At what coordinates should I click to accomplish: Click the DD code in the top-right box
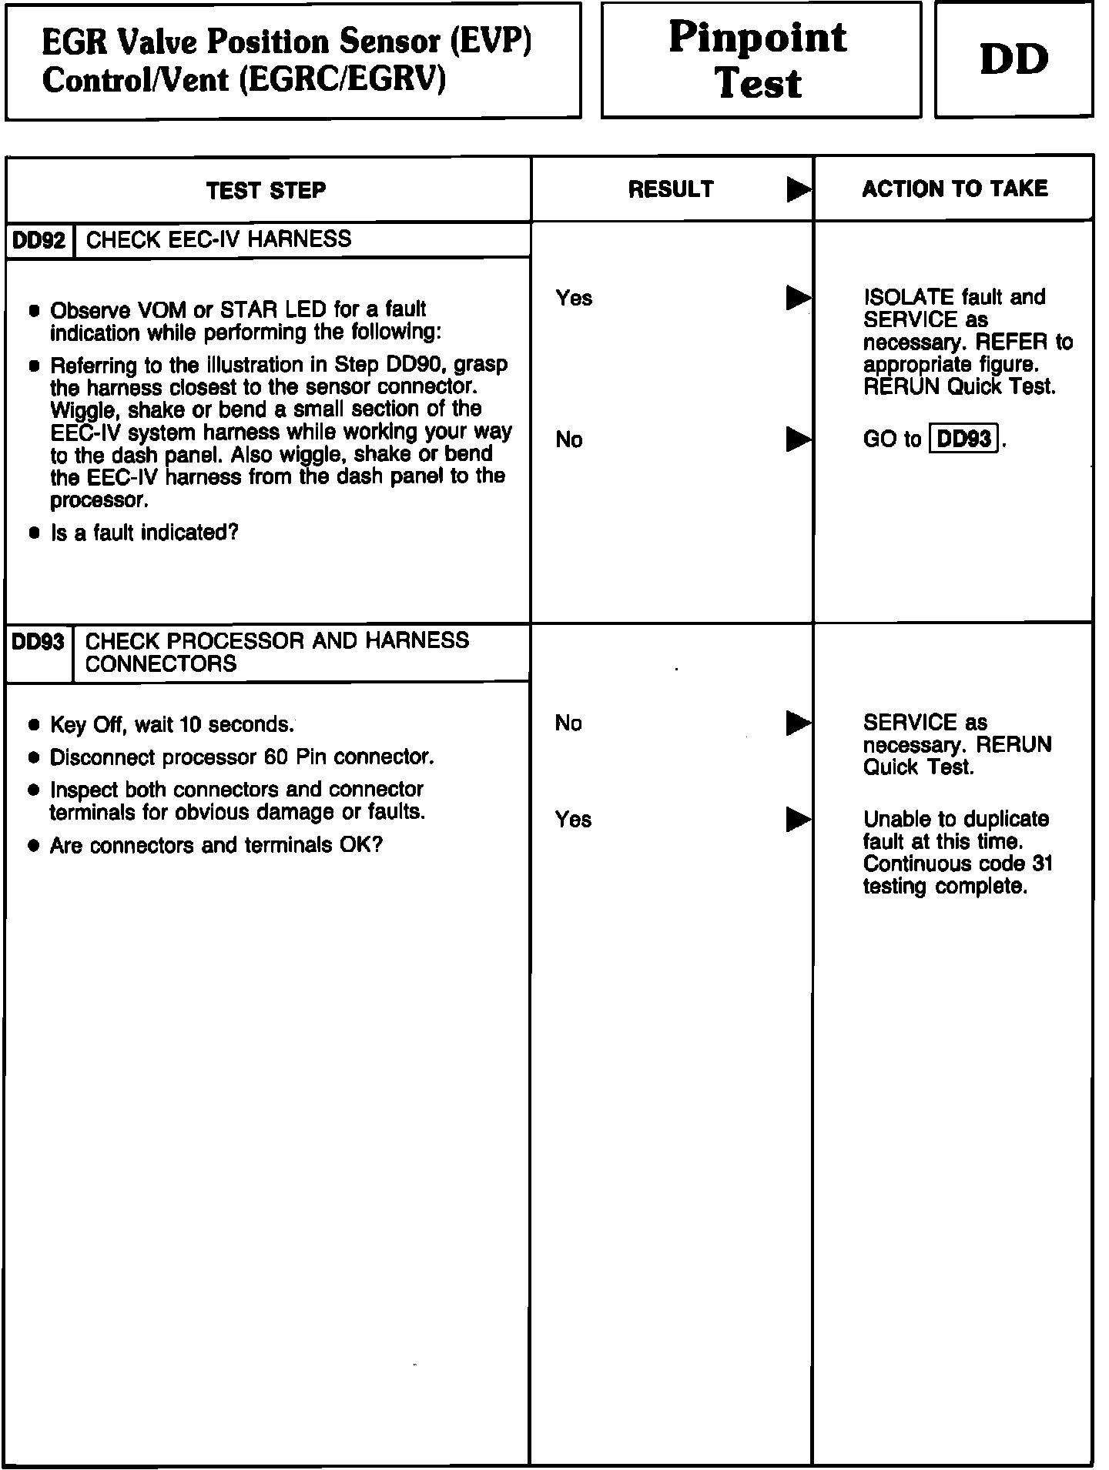[x=1014, y=60]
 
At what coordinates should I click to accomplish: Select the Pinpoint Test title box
[x=759, y=60]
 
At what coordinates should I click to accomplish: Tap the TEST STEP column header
[x=266, y=190]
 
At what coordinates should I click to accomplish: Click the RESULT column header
[x=671, y=189]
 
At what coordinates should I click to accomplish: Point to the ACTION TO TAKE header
[x=954, y=189]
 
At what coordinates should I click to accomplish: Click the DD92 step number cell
[x=39, y=240]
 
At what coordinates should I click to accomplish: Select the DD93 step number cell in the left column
[x=38, y=642]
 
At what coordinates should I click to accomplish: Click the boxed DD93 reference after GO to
[x=964, y=439]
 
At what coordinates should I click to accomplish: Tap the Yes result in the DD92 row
[x=574, y=298]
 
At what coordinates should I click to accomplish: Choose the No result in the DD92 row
[x=569, y=439]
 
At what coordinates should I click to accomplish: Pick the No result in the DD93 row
[x=568, y=723]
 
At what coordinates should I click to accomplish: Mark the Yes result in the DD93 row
[x=574, y=819]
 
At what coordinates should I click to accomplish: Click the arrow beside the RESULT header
[x=799, y=189]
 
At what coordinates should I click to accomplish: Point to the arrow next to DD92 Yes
[x=799, y=298]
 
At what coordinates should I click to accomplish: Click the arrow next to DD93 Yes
[x=799, y=819]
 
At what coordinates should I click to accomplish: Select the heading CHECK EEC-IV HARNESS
[x=219, y=239]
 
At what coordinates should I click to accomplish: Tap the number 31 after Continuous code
[x=1042, y=864]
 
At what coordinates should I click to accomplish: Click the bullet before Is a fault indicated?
[x=34, y=533]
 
